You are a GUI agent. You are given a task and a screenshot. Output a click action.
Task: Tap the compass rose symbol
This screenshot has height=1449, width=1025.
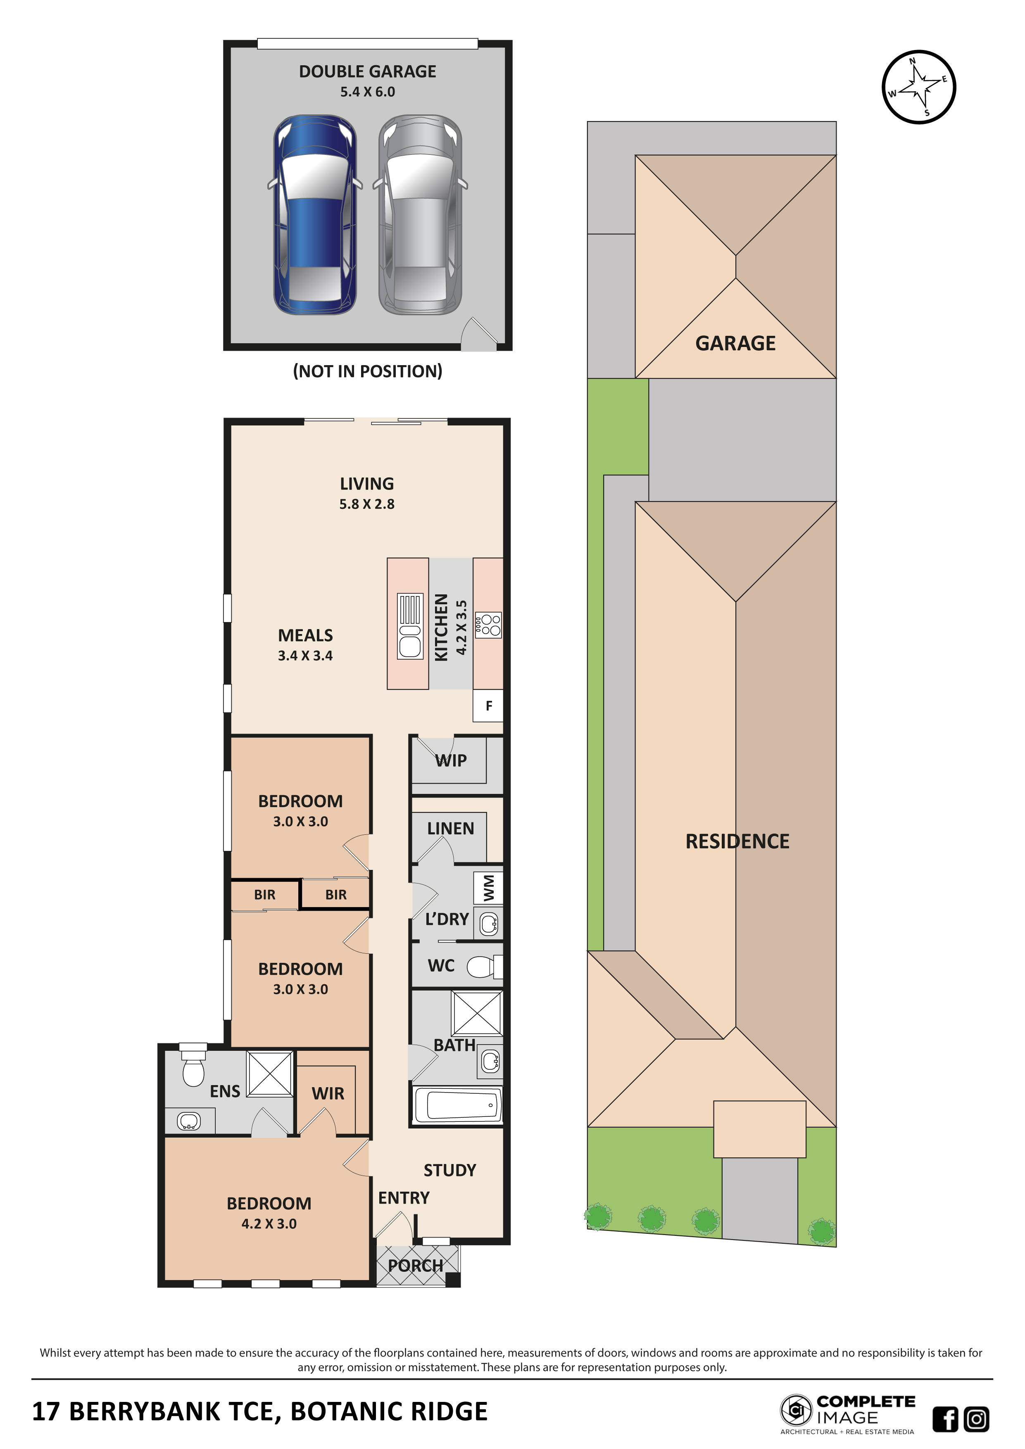(x=918, y=87)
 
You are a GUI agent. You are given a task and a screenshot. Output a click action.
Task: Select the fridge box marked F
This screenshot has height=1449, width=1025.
(x=488, y=705)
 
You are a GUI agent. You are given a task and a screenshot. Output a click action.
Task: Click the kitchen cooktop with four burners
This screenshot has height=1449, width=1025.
(x=488, y=625)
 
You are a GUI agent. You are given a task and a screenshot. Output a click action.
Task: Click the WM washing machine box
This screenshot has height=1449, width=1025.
(x=488, y=888)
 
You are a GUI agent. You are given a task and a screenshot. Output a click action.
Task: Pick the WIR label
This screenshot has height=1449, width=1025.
(x=328, y=1094)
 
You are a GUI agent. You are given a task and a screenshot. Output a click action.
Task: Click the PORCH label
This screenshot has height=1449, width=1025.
(x=415, y=1266)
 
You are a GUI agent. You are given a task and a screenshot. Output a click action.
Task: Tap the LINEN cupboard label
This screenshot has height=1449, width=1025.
(x=450, y=829)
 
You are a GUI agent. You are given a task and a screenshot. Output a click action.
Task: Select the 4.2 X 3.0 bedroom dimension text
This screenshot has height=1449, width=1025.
(x=269, y=1224)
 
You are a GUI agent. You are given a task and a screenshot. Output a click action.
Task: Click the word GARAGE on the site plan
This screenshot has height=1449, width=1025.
(x=735, y=343)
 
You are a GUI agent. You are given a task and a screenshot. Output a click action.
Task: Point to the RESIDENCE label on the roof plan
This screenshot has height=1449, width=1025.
(x=737, y=841)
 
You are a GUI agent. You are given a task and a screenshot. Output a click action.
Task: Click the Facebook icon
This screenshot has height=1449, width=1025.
(x=945, y=1419)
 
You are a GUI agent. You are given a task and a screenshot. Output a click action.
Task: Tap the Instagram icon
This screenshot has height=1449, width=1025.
(x=976, y=1419)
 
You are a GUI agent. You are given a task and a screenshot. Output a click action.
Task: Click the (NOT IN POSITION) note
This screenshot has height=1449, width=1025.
(x=367, y=371)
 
